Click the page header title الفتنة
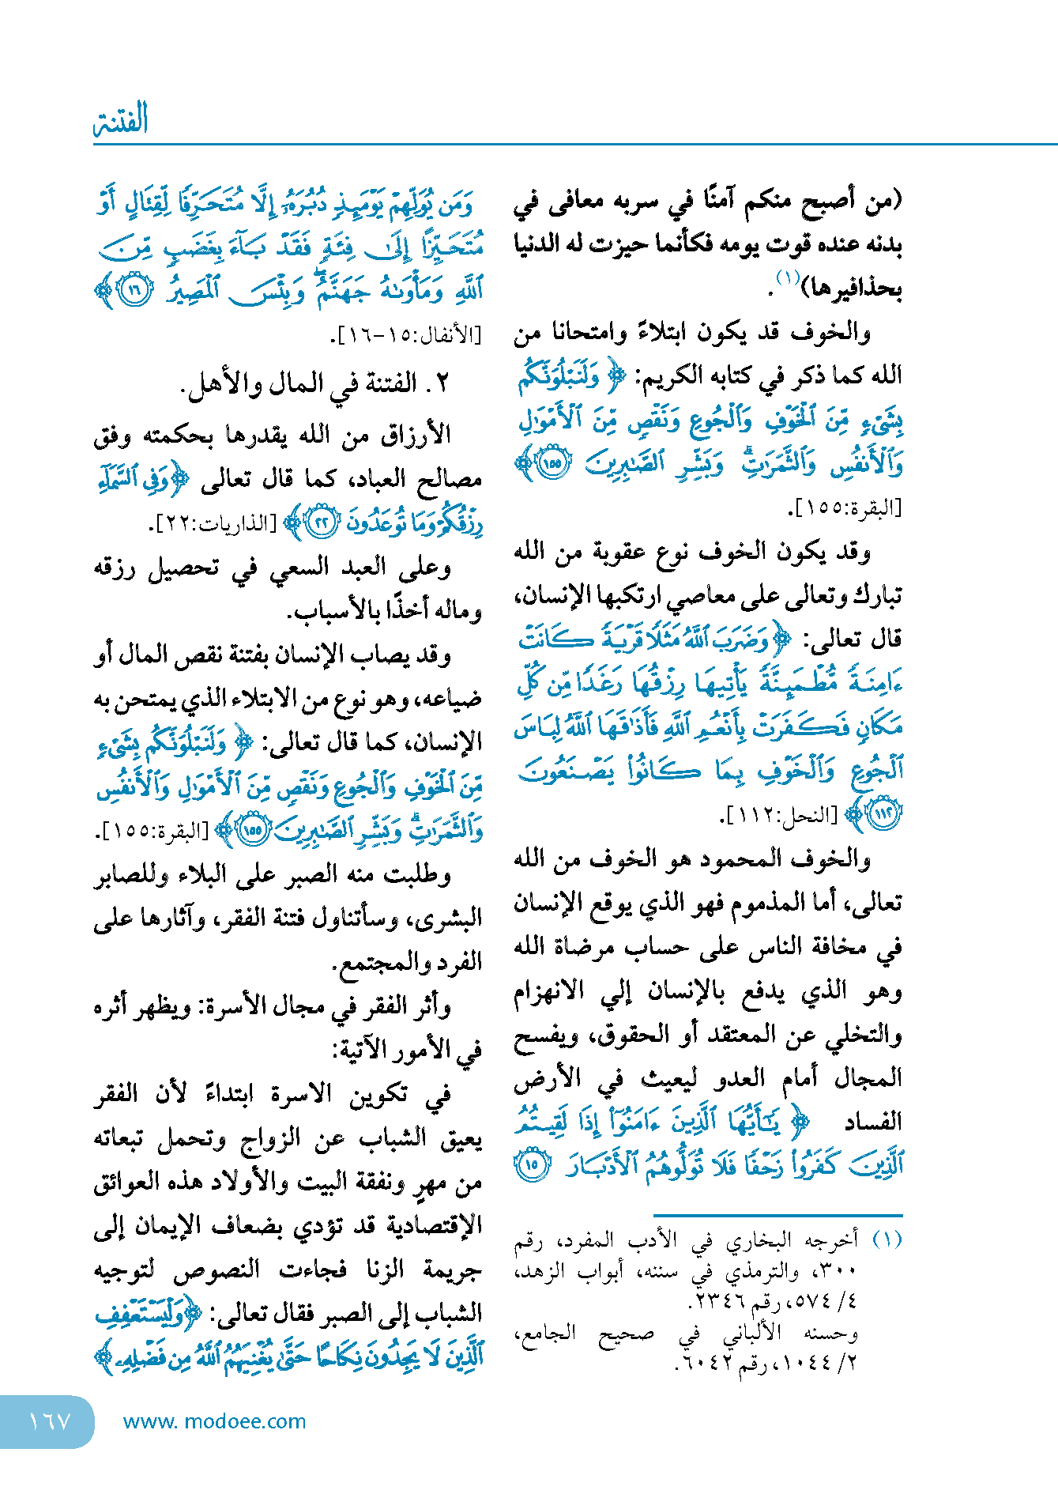point(121,120)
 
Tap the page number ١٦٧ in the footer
point(49,1421)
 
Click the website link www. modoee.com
point(214,1421)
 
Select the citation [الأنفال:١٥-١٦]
point(405,336)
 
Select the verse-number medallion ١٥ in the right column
point(533,1165)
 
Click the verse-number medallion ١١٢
point(882,816)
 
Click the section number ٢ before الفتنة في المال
point(442,384)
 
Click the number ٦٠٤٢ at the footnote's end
point(700,1364)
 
